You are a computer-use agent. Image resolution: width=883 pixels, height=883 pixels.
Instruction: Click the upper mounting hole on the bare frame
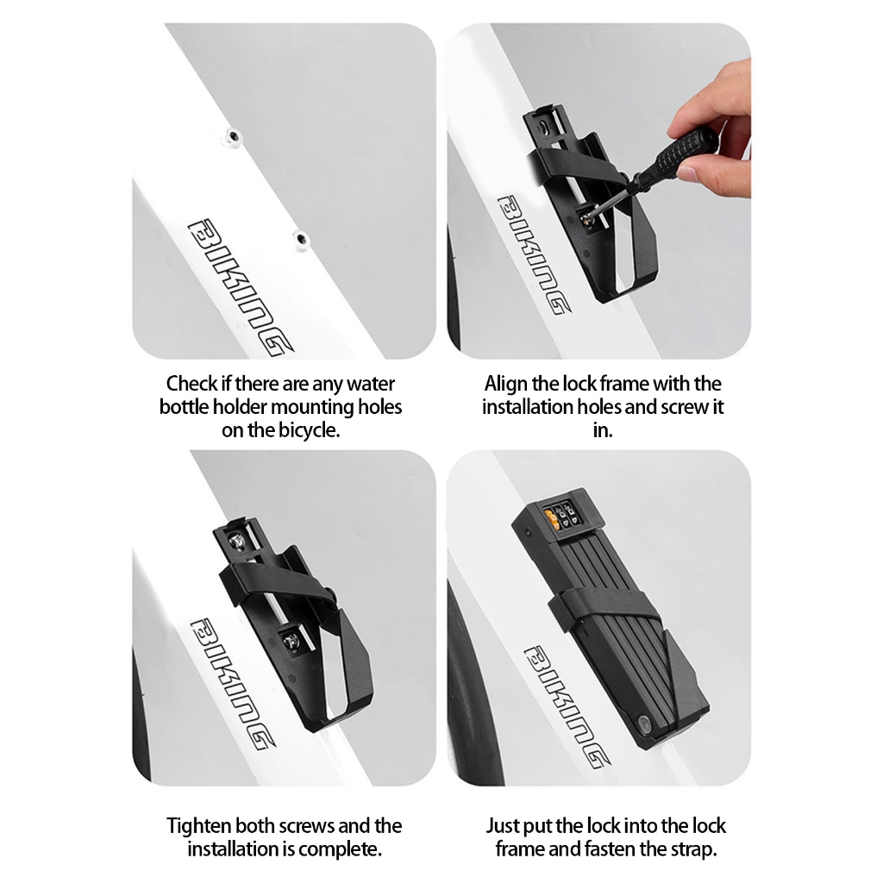(233, 136)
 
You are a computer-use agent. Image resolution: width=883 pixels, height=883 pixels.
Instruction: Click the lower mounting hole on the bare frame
(302, 238)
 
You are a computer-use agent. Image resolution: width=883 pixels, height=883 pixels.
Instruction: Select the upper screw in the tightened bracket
(237, 542)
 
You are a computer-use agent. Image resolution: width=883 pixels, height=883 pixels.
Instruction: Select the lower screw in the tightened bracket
(291, 641)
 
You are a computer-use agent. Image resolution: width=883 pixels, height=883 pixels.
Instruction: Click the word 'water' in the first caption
(370, 384)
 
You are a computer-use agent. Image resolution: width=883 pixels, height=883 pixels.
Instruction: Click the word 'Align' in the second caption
(505, 384)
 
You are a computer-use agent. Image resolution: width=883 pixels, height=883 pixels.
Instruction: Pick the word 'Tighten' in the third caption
(198, 826)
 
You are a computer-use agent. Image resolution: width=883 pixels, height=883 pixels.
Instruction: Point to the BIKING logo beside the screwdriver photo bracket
(532, 254)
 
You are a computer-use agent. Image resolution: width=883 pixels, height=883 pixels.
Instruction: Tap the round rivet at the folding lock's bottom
(644, 723)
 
